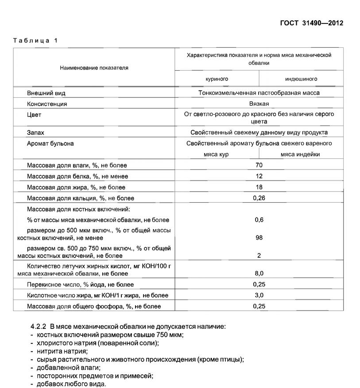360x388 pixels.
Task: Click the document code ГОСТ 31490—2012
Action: pos(312,23)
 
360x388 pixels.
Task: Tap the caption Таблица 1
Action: pos(35,41)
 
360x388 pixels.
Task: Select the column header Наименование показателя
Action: pos(94,68)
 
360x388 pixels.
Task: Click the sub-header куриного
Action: pos(217,79)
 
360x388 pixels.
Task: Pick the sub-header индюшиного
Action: pos(301,79)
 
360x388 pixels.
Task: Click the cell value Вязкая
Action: pos(259,104)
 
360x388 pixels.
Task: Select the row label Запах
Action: pos(36,133)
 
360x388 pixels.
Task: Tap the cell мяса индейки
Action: pos(300,154)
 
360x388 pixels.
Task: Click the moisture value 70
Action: pos(259,165)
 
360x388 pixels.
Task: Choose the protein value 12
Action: pos(259,176)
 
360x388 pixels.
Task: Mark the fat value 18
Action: pos(259,187)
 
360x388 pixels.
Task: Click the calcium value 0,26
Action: pos(259,198)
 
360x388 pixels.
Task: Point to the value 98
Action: pos(259,238)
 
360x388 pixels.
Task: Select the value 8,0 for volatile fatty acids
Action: pos(259,273)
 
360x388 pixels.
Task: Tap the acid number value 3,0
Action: pos(259,295)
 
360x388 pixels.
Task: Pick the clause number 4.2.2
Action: pos(39,327)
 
